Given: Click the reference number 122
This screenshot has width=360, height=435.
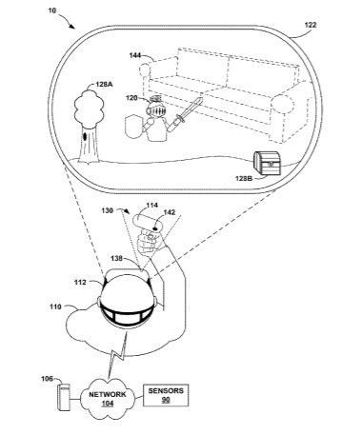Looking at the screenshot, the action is tap(310, 25).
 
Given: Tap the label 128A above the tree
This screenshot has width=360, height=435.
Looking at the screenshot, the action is tap(105, 85).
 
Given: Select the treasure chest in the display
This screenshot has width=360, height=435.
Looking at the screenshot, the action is tap(268, 163).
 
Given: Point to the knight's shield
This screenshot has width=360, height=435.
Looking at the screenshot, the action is tap(132, 127).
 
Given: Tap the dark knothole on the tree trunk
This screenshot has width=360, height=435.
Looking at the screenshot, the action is tap(86, 137).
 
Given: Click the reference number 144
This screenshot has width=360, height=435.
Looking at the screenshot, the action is tap(135, 55).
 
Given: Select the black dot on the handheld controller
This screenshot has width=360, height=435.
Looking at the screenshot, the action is tap(156, 227).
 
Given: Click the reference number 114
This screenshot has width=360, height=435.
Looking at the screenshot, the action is tap(152, 206).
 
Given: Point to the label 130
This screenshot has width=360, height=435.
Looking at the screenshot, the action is tap(108, 210).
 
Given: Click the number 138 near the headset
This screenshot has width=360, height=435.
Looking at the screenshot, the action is tap(116, 259).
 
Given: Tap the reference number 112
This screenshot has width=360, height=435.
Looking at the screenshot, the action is tap(80, 282).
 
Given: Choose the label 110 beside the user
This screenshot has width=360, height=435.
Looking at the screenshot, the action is tap(55, 306).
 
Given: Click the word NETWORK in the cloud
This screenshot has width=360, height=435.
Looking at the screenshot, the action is tap(108, 394).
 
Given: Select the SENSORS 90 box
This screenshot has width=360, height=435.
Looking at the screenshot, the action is tap(166, 395).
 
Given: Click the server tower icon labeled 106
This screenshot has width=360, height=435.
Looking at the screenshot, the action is tap(64, 397).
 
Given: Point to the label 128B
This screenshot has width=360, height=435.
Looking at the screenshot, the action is tap(244, 178).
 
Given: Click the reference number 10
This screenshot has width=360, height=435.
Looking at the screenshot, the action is tap(52, 10).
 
